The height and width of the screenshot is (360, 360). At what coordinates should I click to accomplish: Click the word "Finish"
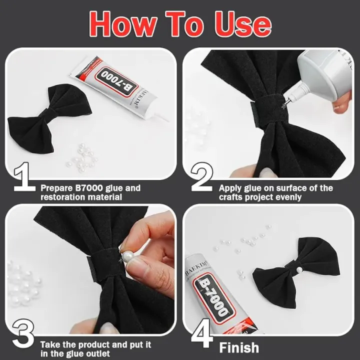[239, 347]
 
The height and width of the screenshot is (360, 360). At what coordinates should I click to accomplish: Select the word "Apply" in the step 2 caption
[230, 188]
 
